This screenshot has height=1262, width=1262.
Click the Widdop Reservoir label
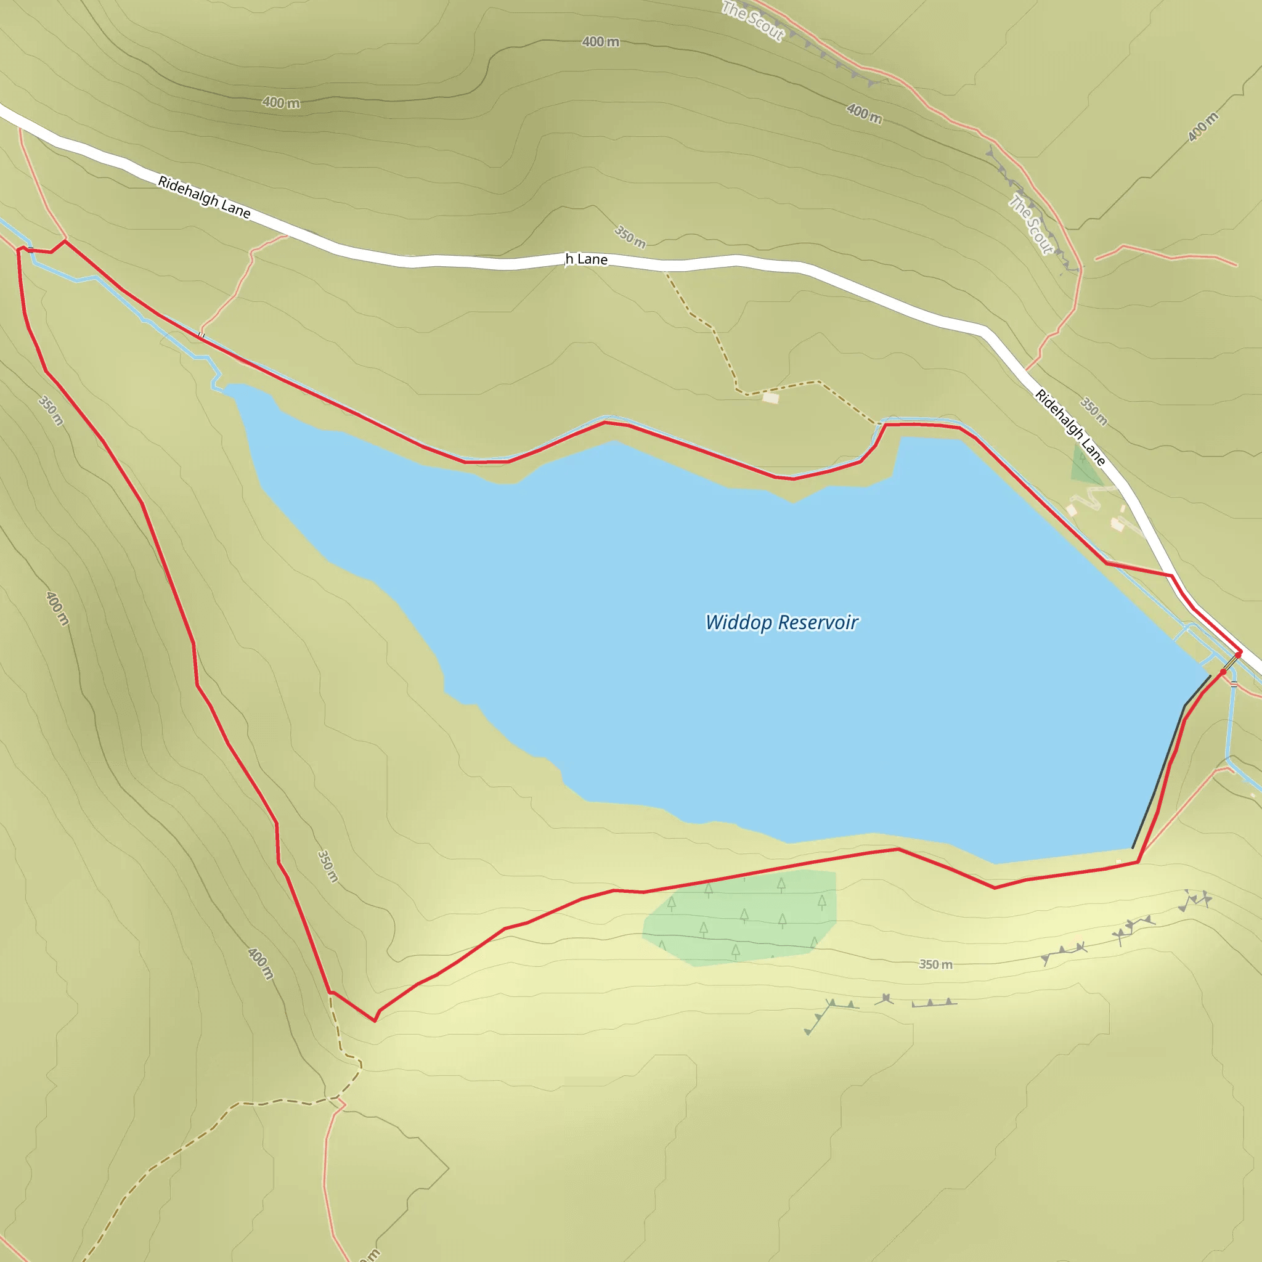coord(781,622)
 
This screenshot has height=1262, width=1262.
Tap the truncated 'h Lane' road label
coord(586,259)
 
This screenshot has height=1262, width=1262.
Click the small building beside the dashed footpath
coord(771,397)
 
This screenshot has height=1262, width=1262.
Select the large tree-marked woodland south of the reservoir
coord(741,918)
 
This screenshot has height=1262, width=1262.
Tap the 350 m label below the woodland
coord(935,964)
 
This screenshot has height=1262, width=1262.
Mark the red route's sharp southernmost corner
coord(374,1020)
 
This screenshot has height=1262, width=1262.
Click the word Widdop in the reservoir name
coord(738,622)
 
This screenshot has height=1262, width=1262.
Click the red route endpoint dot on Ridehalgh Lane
coord(1239,653)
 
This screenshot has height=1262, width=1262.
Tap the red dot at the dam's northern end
coord(1223,672)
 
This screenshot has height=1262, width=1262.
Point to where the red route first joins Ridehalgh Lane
coord(1171,576)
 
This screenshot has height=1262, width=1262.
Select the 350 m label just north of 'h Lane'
coord(630,237)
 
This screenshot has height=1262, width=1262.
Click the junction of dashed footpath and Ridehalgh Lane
coord(665,270)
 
